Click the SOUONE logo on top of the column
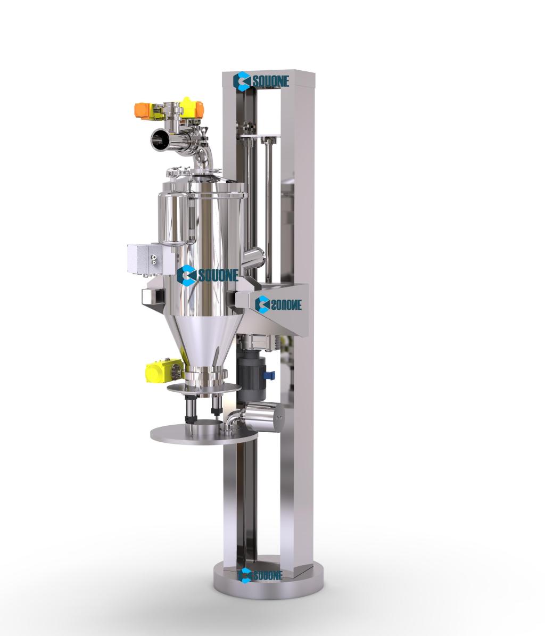[261, 81]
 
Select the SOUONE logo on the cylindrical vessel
[208, 275]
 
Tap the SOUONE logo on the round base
[260, 574]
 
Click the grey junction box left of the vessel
[145, 258]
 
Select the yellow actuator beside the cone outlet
[164, 369]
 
